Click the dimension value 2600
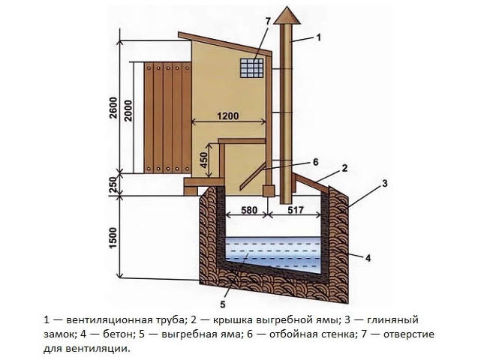point(113,108)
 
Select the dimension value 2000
point(129,111)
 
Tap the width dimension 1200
point(228,116)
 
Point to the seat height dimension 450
point(203,160)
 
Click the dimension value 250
point(113,184)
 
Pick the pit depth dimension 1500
point(113,238)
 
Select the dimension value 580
point(249,210)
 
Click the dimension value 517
point(296,210)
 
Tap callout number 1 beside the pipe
point(319,37)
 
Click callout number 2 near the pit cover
point(344,168)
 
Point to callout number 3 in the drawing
point(385,184)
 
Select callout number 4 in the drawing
point(368,258)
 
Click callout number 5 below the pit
point(223,304)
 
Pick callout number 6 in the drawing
point(315,162)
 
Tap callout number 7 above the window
point(268,21)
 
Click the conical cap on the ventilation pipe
point(287,15)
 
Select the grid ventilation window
point(251,68)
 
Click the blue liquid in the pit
point(273,253)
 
